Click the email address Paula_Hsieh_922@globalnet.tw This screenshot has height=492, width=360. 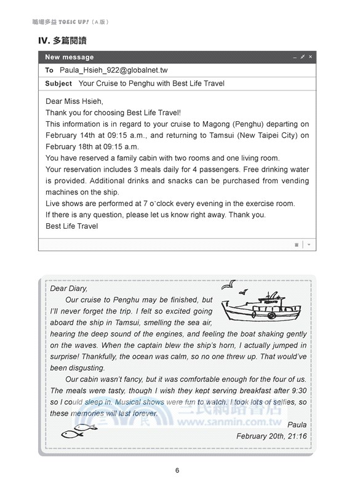click(113, 71)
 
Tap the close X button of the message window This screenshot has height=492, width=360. click(311, 57)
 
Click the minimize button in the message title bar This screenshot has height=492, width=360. click(295, 57)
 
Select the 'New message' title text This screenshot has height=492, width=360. click(70, 57)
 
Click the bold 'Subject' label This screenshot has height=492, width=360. click(58, 84)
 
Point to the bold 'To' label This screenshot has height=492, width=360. click(49, 71)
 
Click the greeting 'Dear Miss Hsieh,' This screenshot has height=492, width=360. click(74, 101)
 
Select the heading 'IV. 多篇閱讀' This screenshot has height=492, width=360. click(62, 41)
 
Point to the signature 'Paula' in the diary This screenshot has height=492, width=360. click(297, 425)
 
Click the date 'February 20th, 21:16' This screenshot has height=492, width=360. click(271, 436)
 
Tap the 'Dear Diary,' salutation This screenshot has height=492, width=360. click(69, 288)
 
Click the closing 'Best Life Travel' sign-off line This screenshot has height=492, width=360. click(72, 226)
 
